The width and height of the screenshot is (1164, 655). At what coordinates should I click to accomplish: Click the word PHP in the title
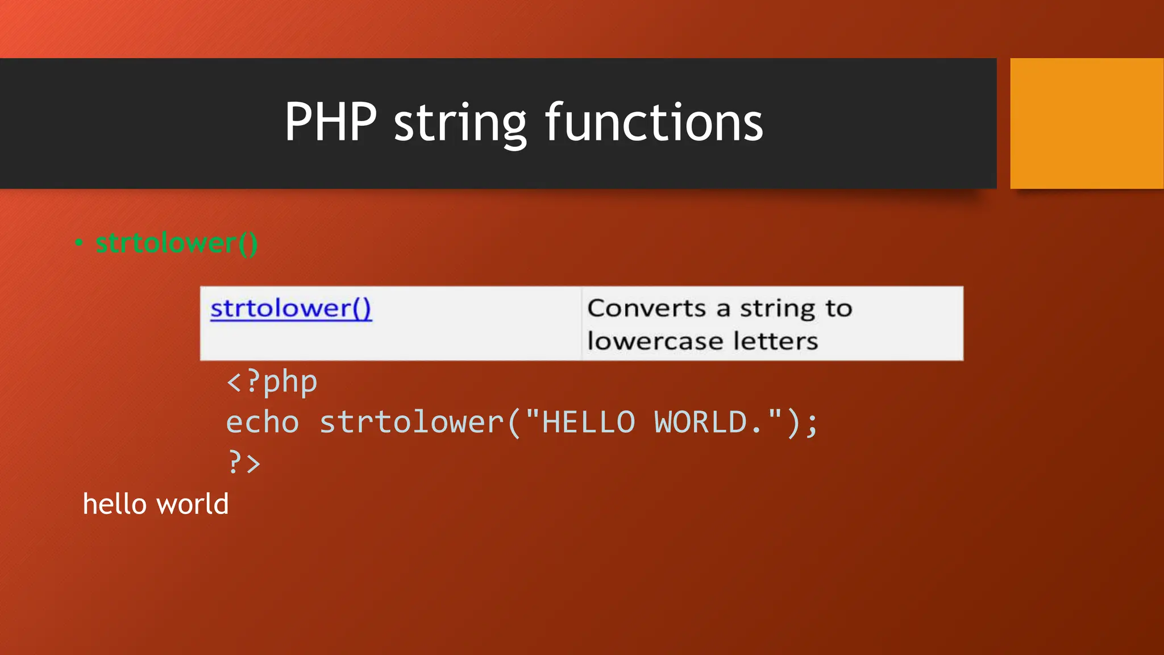click(x=330, y=122)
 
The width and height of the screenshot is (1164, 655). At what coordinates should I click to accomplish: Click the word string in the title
click(x=460, y=124)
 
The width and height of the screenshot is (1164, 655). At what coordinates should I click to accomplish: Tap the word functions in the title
click(x=654, y=122)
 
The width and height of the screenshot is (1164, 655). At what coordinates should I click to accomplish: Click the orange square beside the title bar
click(x=1086, y=123)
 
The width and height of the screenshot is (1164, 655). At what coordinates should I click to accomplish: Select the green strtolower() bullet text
click(x=176, y=243)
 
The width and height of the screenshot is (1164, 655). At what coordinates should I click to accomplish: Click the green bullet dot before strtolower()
click(x=79, y=243)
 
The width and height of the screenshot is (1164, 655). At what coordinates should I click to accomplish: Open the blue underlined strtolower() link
click(x=290, y=308)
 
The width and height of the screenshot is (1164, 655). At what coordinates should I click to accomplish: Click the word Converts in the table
click(x=647, y=308)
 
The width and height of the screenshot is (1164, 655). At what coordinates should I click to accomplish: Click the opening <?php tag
click(x=272, y=382)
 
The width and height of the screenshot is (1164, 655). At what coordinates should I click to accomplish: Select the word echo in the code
click(x=263, y=422)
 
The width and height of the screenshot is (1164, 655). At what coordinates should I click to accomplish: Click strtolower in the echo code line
click(x=411, y=422)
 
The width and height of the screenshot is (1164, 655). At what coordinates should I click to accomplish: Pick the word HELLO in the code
click(x=588, y=422)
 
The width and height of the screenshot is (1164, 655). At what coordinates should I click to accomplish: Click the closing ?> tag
click(x=244, y=462)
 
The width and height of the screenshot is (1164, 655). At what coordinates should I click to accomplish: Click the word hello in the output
click(x=115, y=504)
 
